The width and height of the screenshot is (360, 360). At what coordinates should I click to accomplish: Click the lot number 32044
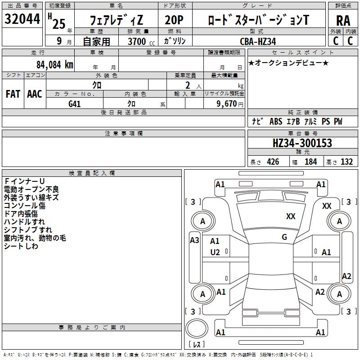tap(22, 19)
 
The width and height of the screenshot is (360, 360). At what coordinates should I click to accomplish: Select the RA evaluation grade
tap(343, 20)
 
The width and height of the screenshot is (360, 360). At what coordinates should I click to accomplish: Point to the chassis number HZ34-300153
tap(302, 143)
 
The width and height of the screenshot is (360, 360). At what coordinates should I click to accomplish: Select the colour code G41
tap(75, 103)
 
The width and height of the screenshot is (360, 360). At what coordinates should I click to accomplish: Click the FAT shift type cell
tap(13, 94)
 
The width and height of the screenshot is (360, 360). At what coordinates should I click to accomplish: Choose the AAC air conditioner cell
tap(35, 94)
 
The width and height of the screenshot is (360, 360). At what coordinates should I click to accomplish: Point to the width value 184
tap(310, 162)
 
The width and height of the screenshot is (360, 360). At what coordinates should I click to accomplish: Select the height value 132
tap(346, 162)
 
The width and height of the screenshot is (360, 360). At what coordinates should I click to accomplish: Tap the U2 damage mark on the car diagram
tap(215, 252)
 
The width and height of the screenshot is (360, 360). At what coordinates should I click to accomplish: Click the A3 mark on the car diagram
tap(194, 240)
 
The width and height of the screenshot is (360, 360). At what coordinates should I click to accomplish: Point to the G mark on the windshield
tap(284, 237)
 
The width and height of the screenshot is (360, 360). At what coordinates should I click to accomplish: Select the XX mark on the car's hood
tap(291, 216)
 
